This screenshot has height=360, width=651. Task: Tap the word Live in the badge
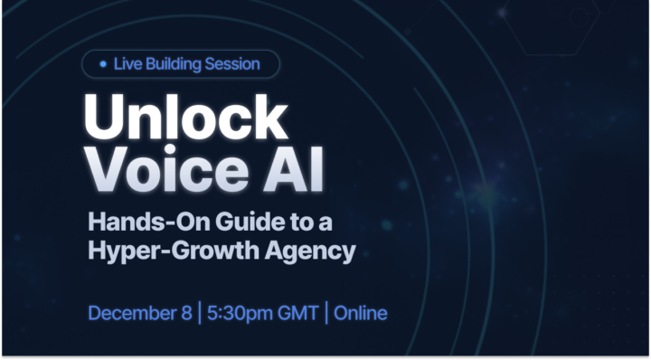[128, 64]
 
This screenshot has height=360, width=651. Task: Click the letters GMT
[300, 314]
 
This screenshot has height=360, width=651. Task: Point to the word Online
[361, 314]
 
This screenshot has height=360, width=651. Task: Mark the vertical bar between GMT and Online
[328, 314]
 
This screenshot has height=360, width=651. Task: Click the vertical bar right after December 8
[199, 314]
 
